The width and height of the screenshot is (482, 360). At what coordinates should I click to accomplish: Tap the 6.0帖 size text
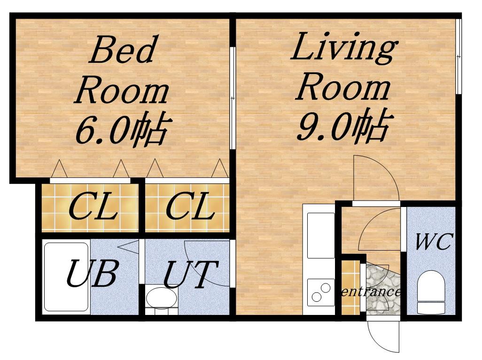click(x=122, y=129)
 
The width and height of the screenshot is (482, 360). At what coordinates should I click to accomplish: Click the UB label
click(x=92, y=273)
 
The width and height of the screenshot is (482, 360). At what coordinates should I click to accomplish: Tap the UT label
click(x=191, y=274)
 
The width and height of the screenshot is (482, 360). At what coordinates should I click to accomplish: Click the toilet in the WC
click(x=432, y=292)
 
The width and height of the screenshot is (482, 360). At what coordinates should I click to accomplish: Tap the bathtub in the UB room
click(x=66, y=277)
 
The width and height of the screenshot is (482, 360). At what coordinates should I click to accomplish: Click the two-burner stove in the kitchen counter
click(x=320, y=292)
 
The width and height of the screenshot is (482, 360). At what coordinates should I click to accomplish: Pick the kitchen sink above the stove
click(x=320, y=235)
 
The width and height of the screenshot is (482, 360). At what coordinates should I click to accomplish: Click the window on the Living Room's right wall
click(x=459, y=56)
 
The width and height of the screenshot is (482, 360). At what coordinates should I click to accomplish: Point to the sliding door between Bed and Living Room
click(x=233, y=98)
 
